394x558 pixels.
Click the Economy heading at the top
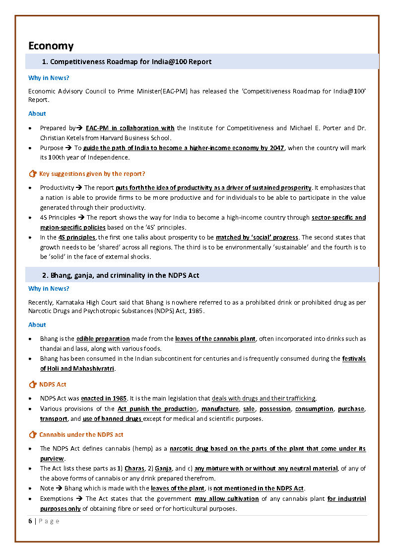(x=51, y=46)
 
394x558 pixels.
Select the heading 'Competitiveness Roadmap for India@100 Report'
(x=131, y=62)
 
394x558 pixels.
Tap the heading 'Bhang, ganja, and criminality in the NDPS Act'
(x=125, y=275)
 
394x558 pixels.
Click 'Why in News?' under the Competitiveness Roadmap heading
(x=49, y=78)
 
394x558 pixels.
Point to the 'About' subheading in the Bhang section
(x=37, y=324)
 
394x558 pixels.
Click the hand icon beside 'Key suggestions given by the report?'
(x=33, y=174)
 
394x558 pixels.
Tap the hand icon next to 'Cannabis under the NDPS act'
(x=33, y=435)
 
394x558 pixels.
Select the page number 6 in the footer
(x=30, y=521)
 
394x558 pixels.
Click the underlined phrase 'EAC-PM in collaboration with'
(x=130, y=128)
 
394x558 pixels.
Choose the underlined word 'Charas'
(x=134, y=469)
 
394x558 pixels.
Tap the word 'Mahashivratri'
(x=93, y=369)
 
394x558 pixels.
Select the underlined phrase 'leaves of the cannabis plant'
(x=215, y=339)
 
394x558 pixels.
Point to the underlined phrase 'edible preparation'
(x=103, y=339)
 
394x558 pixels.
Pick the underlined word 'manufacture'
(x=220, y=408)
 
